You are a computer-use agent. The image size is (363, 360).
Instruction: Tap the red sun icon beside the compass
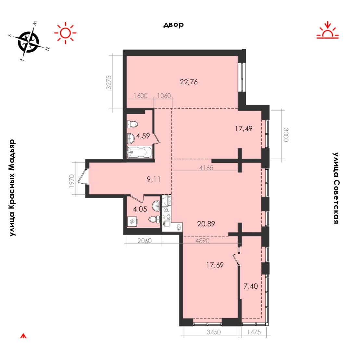[65, 33]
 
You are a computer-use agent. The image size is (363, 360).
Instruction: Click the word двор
[174, 25]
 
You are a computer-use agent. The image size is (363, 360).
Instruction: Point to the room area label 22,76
[189, 82]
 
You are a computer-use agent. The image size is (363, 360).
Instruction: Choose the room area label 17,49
[244, 128]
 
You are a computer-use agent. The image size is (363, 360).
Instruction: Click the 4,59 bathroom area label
[143, 136]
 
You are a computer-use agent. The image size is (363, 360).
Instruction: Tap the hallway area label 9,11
[154, 179]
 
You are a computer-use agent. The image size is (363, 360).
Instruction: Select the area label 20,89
[206, 224]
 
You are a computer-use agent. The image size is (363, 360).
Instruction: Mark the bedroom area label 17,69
[215, 265]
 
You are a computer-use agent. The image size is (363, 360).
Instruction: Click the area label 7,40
[251, 286]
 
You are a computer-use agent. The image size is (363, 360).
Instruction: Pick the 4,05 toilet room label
[140, 209]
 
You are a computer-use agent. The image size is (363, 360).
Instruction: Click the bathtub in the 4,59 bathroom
[139, 152]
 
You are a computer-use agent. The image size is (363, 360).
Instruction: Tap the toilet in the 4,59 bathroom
[132, 125]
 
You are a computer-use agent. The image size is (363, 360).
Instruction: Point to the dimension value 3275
[108, 82]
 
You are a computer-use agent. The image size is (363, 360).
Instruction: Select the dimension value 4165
[206, 168]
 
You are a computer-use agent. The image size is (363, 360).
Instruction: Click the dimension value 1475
[254, 332]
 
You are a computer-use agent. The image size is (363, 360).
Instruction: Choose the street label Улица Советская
[336, 188]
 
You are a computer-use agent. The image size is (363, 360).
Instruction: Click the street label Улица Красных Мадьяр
[12, 188]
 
